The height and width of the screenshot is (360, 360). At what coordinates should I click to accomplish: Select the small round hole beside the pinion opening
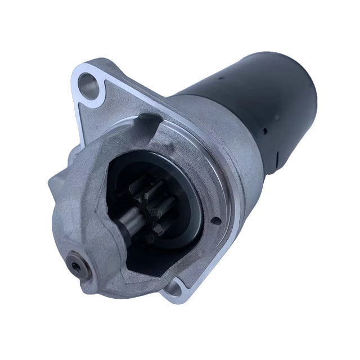click(215, 221)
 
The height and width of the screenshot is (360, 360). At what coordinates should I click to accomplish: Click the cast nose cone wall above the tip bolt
click(84, 214)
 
